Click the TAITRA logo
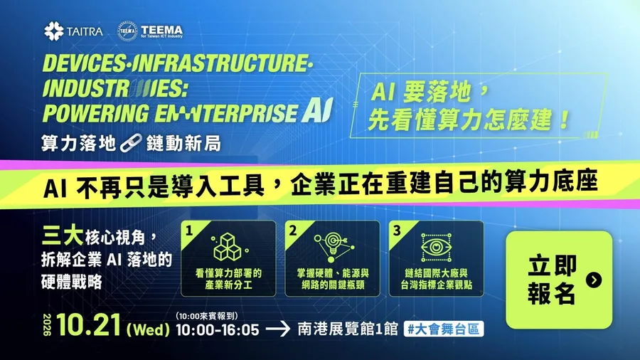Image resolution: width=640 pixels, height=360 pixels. click(73, 31)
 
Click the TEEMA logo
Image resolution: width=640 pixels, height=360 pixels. click(150, 31)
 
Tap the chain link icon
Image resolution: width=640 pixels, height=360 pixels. click(131, 143)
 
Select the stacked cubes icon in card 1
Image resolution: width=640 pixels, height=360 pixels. click(228, 248)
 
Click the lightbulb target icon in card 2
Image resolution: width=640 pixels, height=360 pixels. click(332, 248)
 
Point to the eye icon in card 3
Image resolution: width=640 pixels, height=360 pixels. click(437, 248)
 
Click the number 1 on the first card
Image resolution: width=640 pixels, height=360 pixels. click(189, 231)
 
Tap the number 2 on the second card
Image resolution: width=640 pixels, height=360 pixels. click(293, 231)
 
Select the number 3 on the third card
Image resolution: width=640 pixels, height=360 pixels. click(397, 231)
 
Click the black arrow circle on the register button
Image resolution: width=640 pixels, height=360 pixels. click(594, 280)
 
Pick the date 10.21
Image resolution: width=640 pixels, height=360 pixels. click(89, 325)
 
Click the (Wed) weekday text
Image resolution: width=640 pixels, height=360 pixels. click(148, 329)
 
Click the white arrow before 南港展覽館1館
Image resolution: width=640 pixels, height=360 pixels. click(278, 329)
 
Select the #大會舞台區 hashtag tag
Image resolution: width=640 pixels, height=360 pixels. click(444, 329)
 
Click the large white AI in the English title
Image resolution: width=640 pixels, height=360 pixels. click(318, 110)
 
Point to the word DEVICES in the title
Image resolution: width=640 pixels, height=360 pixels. click(85, 63)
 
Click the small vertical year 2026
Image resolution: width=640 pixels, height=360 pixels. click(48, 325)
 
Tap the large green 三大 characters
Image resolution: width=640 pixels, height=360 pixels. click(63, 236)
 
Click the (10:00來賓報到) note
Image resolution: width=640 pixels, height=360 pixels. click(207, 316)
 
